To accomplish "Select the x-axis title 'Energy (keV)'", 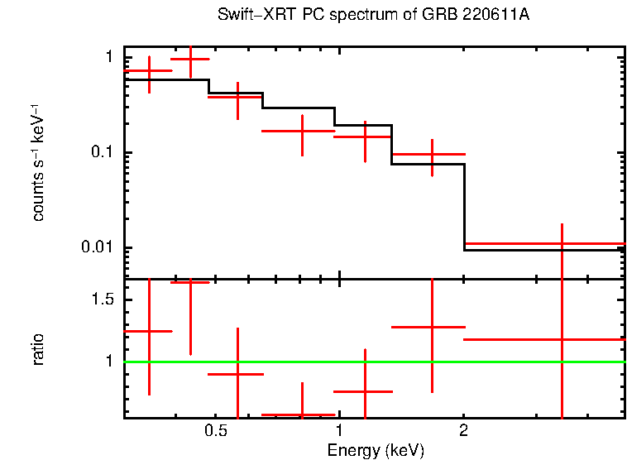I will click(x=376, y=450).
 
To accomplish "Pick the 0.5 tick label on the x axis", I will click(x=216, y=431).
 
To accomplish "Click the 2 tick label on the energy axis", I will click(x=463, y=431).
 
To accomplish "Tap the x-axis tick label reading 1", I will click(x=339, y=431).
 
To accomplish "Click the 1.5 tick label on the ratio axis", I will click(x=103, y=299).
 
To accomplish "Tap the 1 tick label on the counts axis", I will click(x=108, y=58).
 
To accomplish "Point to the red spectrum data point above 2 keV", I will click(x=562, y=244).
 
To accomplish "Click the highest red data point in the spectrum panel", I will click(x=190, y=60).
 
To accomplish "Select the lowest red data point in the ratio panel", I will click(x=299, y=414).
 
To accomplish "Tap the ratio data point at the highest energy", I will click(x=562, y=339).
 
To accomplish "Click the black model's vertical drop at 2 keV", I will click(x=464, y=207).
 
